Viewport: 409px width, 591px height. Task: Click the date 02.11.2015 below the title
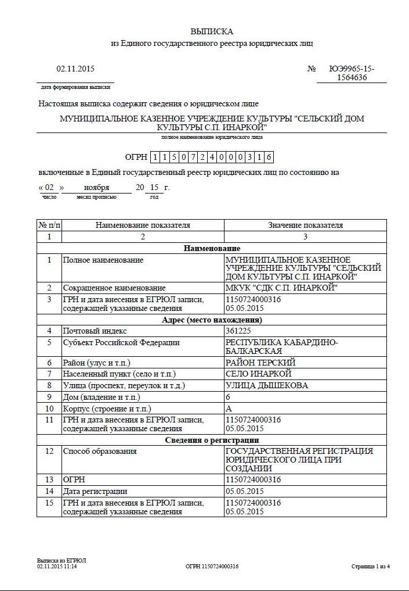coord(75,69)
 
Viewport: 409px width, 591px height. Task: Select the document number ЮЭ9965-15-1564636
coord(352,73)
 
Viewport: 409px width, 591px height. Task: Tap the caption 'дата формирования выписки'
coord(75,87)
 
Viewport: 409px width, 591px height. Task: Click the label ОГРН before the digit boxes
coord(136,157)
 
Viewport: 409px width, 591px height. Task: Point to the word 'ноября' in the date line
coord(96,188)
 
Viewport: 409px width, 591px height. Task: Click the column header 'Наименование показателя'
coord(143,225)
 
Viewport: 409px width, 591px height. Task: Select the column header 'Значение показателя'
coord(305,225)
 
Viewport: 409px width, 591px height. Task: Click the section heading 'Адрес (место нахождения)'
coord(212,320)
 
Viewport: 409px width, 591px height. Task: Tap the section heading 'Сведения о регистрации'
coord(212,440)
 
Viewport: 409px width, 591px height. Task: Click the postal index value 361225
coord(238,331)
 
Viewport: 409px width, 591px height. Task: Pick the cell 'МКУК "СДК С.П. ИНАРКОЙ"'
coord(281,288)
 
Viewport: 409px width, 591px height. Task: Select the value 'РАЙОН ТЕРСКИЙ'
coord(260,363)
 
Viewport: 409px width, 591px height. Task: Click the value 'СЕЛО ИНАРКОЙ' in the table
coord(258,374)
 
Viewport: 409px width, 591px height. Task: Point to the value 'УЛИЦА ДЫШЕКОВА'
coord(266,385)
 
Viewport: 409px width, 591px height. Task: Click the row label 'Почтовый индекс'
coord(95,331)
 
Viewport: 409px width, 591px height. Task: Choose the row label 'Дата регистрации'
coord(95,491)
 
